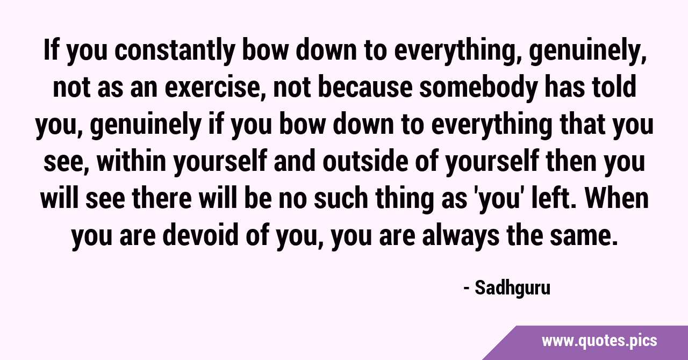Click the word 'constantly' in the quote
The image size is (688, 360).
(175, 51)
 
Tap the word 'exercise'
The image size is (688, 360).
(212, 88)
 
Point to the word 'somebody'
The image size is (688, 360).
(478, 88)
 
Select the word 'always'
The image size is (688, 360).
(461, 236)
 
